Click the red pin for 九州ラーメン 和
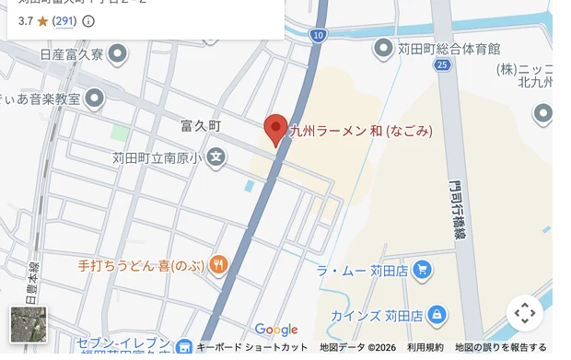coord(276,130)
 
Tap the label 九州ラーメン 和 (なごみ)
coord(360,131)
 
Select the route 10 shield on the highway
coord(318,35)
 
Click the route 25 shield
coord(443,64)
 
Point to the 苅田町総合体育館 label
coord(449,48)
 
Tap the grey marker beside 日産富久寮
coord(117,54)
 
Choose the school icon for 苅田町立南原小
coord(216,157)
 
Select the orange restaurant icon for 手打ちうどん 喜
coord(218,266)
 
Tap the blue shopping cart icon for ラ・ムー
coord(422,270)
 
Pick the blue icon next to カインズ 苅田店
coord(437,316)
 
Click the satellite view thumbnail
coord(28,324)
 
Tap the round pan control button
coord(525,313)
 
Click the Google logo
coord(276,330)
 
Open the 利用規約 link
coord(425,348)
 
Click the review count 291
coord(64,20)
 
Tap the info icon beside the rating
coord(88,20)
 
